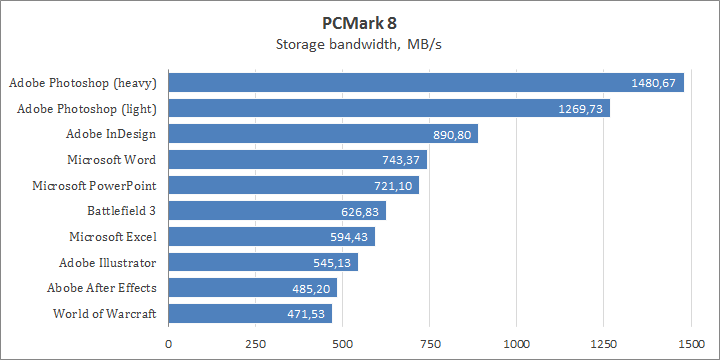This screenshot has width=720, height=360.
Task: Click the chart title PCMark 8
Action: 359,22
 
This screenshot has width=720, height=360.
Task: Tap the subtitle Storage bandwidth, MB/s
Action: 359,44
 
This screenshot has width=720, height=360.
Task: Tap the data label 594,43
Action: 349,237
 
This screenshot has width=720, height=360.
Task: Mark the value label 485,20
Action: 311,289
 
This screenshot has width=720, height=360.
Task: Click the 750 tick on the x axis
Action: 429,343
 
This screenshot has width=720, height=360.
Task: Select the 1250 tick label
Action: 603,343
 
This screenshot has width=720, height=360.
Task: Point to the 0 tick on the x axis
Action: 168,343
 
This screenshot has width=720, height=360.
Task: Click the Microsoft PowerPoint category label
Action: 96,185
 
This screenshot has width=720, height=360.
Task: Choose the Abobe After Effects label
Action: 102,289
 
